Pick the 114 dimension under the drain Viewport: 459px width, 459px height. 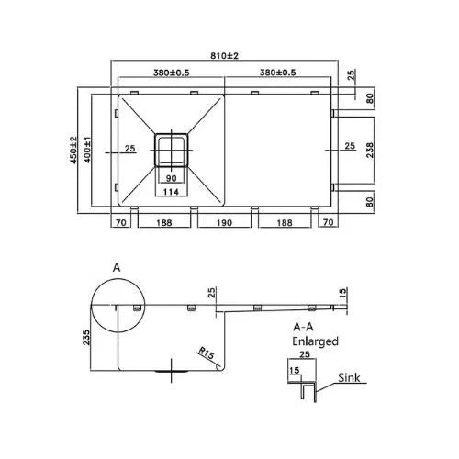click(x=172, y=191)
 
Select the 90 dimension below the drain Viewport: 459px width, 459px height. click(x=172, y=178)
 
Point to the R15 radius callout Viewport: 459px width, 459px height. click(x=207, y=352)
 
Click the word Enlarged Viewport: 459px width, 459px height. click(x=316, y=341)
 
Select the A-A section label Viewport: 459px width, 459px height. click(x=305, y=326)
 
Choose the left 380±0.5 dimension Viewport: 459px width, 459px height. click(x=167, y=73)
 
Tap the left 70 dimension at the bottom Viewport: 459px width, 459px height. click(x=120, y=222)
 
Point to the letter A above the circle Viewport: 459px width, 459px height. click(x=117, y=266)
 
